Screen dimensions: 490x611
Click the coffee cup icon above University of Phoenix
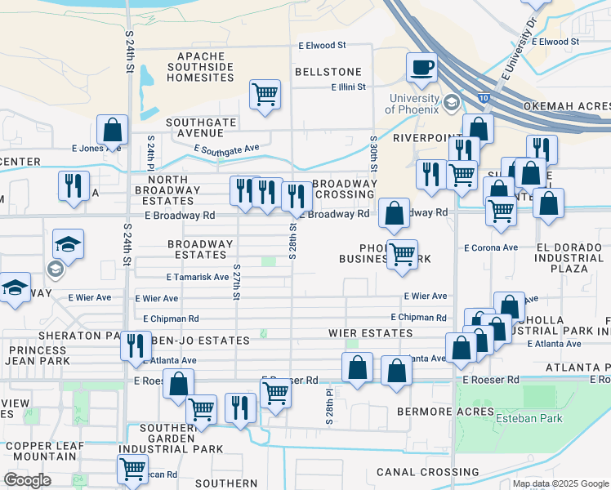pos(421,67)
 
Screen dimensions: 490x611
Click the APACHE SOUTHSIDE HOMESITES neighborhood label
pos(200,67)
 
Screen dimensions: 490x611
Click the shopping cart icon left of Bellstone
pos(265,94)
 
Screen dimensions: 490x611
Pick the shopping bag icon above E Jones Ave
pos(112,130)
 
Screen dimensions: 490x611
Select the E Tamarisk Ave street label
pos(198,278)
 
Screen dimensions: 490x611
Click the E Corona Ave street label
pos(491,247)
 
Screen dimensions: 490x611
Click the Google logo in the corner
pos(27,480)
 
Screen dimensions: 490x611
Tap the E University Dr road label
pos(519,49)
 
